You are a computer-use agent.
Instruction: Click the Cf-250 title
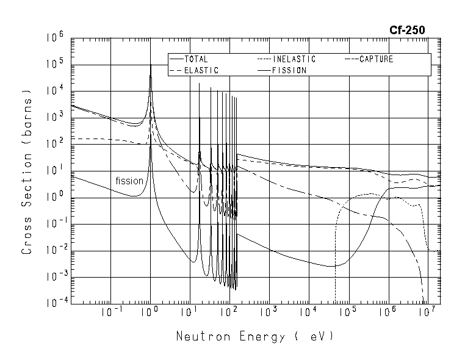[407, 29]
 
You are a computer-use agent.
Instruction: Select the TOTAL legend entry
[195, 59]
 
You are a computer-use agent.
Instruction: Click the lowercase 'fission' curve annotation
[129, 181]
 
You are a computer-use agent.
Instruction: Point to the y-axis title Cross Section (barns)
[27, 171]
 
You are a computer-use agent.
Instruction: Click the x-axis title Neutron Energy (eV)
[255, 337]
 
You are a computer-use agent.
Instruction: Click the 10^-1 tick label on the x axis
[109, 312]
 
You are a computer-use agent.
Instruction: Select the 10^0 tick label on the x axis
[150, 312]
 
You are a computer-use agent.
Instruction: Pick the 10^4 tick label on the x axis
[308, 312]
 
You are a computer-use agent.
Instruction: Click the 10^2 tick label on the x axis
[229, 312]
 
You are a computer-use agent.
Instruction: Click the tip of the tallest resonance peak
[151, 64]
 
